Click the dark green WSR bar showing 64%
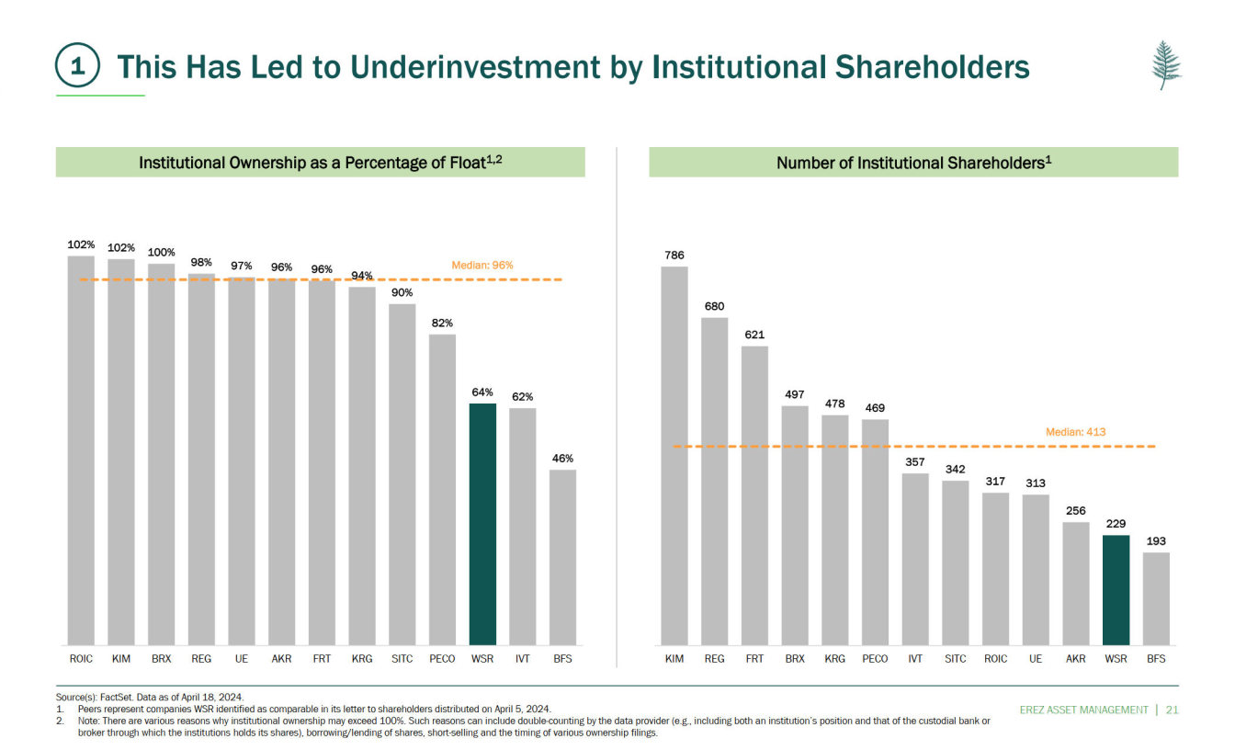click(482, 524)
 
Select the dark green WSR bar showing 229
click(1116, 590)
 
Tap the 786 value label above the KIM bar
click(674, 255)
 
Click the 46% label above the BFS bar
click(562, 458)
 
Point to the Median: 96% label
click(482, 265)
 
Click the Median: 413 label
click(1075, 432)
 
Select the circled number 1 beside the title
click(79, 67)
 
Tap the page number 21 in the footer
click(1172, 710)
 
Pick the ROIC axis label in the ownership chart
click(81, 659)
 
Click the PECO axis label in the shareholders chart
click(875, 659)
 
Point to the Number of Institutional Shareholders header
click(913, 163)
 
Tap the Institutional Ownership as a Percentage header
click(320, 163)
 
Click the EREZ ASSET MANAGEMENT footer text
click(1084, 710)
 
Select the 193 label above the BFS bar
click(1156, 541)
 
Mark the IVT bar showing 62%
click(522, 526)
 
